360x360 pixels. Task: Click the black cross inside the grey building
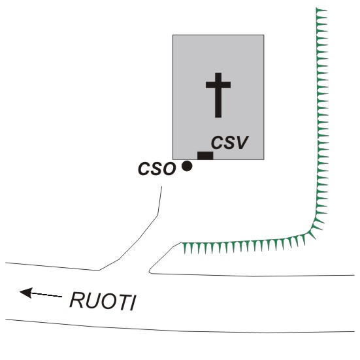click(x=218, y=95)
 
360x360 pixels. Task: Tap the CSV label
click(x=229, y=142)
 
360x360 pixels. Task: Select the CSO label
click(x=157, y=169)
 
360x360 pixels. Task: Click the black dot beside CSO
click(x=187, y=166)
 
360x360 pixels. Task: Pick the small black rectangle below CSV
click(x=205, y=155)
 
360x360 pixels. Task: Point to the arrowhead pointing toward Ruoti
click(x=26, y=293)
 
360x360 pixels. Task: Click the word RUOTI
click(x=103, y=301)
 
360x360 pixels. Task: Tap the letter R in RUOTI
click(x=76, y=300)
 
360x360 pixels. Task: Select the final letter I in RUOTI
click(x=133, y=303)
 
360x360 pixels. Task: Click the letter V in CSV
click(x=242, y=142)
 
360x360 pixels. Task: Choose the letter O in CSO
click(x=169, y=169)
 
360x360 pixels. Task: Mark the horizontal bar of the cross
click(x=218, y=85)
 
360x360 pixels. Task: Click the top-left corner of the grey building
click(x=173, y=35)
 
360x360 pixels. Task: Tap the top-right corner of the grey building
click(x=264, y=35)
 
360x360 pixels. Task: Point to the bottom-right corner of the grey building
click(x=264, y=159)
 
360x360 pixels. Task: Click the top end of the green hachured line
click(x=316, y=8)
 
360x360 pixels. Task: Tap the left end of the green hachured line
click(x=182, y=242)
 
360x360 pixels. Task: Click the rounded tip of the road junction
click(x=150, y=271)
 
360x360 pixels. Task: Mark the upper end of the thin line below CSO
click(x=161, y=187)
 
